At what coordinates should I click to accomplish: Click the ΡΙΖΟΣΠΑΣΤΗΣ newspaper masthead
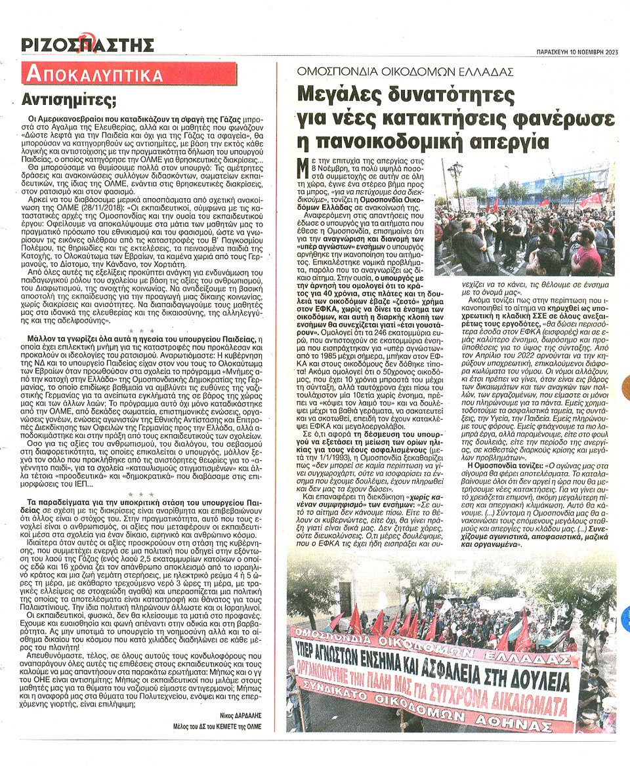coord(87,45)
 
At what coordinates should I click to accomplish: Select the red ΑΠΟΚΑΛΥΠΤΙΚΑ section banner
coord(93,74)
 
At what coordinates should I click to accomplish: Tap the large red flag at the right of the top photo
coord(592,199)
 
